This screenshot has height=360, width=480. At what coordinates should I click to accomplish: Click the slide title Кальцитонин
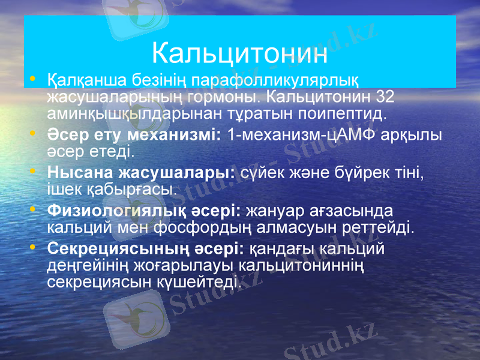coord(239,53)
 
